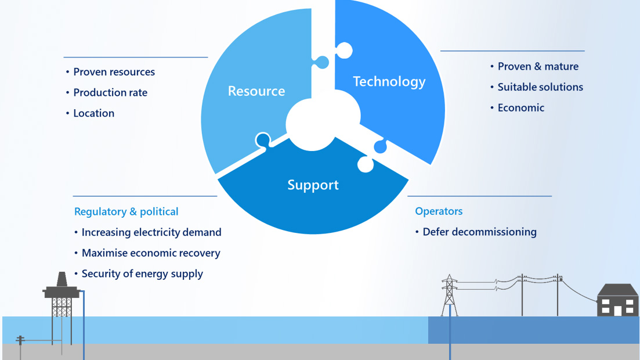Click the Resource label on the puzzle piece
pyautogui.click(x=256, y=91)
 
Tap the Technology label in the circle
pyautogui.click(x=389, y=82)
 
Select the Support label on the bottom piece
pyautogui.click(x=313, y=185)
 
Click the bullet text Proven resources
pyautogui.click(x=114, y=72)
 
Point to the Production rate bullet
pyautogui.click(x=110, y=92)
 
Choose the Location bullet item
pyautogui.click(x=93, y=113)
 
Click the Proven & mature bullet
pyautogui.click(x=538, y=66)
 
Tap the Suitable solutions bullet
pyautogui.click(x=540, y=87)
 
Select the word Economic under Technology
pyautogui.click(x=521, y=107)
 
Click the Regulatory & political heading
pyautogui.click(x=126, y=212)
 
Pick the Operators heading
pyautogui.click(x=439, y=211)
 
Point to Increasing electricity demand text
pyautogui.click(x=151, y=232)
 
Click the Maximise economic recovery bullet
pyautogui.click(x=151, y=253)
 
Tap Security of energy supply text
pyautogui.click(x=142, y=273)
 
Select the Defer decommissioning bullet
pyautogui.click(x=479, y=232)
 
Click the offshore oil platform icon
pyautogui.click(x=61, y=296)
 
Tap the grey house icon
pyautogui.click(x=617, y=301)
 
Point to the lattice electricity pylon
pyautogui.click(x=449, y=295)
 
